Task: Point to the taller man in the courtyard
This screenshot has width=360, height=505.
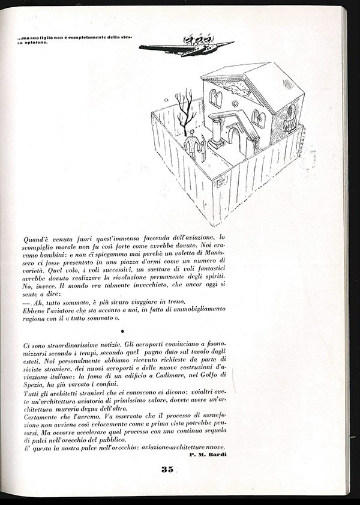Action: [x=192, y=146]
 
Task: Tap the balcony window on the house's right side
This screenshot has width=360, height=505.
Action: [x=292, y=117]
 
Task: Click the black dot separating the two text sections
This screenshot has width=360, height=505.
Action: [x=123, y=330]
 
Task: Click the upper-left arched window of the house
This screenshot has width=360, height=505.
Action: [x=213, y=96]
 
